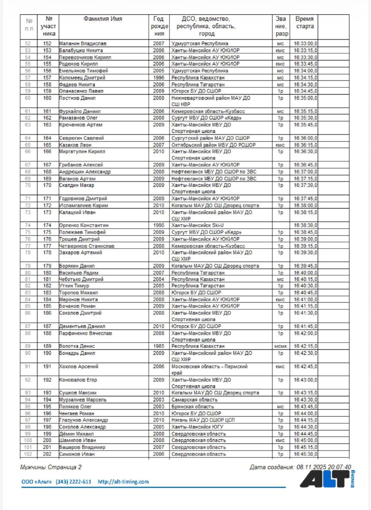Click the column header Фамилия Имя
103,19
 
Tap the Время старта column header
304,22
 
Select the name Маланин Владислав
83,43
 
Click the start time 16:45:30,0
305,454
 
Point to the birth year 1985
158,346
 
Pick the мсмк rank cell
280,346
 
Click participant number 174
47,225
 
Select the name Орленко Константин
84,225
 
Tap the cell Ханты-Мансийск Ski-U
197,225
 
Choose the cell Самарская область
194,400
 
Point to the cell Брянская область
193,406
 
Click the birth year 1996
158,77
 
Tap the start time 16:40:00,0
305,273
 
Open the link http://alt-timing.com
123,482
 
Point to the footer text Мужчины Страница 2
51,467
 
